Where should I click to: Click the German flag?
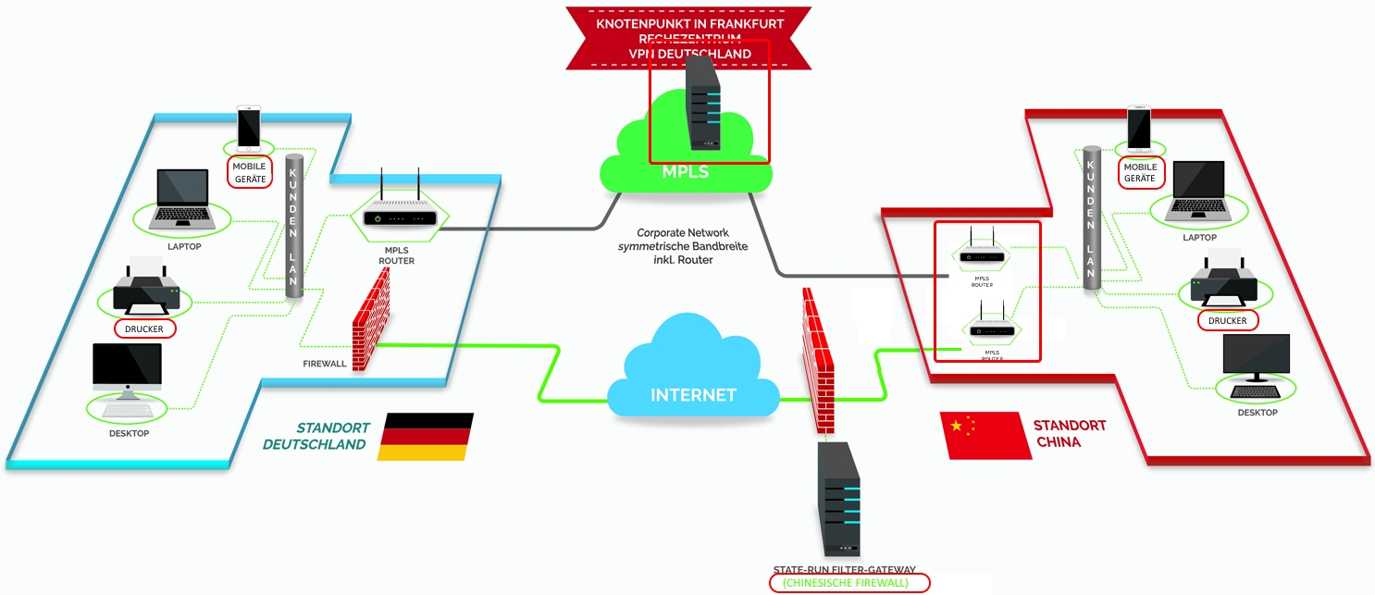point(427,437)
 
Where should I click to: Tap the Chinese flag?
point(985,435)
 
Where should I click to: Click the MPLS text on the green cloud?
point(686,172)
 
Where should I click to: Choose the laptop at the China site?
point(1198,193)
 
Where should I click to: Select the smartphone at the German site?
point(249,128)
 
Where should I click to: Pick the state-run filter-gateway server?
point(838,500)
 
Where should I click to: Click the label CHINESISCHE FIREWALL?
point(849,583)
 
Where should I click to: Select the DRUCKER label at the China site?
point(1228,320)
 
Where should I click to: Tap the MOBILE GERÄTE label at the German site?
point(249,172)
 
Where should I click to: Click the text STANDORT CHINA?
point(1069,433)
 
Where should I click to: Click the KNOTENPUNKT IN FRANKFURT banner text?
point(688,23)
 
